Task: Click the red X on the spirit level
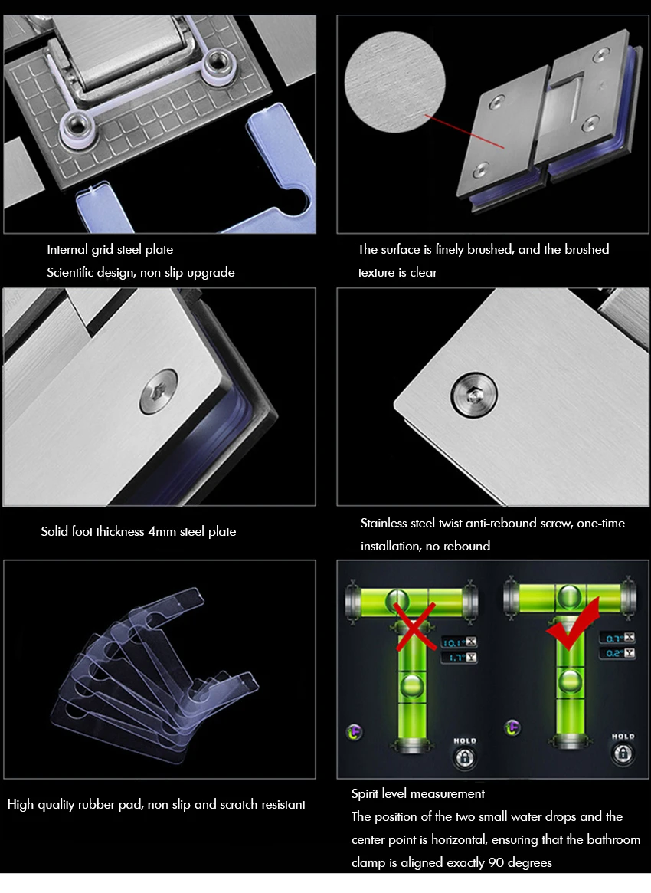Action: [415, 626]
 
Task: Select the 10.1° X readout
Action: [459, 642]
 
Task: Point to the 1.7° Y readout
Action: [459, 658]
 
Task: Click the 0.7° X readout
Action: [617, 638]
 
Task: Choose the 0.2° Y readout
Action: [617, 653]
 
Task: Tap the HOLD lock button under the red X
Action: [464, 757]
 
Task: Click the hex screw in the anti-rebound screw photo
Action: [474, 395]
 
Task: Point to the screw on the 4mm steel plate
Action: [159, 391]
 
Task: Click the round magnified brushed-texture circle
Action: [395, 82]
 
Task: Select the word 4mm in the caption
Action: [162, 531]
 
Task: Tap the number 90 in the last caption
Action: [496, 862]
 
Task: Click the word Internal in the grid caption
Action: [67, 249]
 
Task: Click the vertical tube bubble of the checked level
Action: [569, 681]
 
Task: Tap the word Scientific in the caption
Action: [70, 272]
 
